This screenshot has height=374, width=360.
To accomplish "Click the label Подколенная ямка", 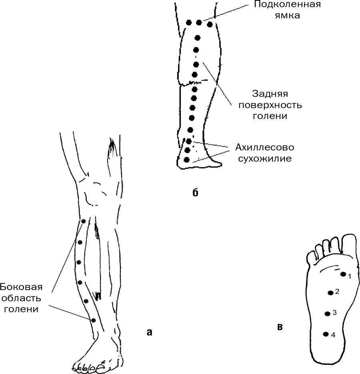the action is coord(287,10).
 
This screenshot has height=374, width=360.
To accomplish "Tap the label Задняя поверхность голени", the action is coord(270,105).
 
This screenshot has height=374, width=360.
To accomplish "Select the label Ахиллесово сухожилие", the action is coord(265,153).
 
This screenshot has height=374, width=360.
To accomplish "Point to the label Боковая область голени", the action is coord(21,298).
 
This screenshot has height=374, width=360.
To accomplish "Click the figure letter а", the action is coord(149,332).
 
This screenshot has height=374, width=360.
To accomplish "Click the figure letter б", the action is coord(195,193).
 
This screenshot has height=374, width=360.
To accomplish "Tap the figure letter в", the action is coord(280,327).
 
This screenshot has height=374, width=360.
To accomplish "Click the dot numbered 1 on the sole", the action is coord(343,274).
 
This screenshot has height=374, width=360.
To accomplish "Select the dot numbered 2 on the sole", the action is coord(331,292).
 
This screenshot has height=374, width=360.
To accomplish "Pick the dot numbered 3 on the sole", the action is coord(328,314).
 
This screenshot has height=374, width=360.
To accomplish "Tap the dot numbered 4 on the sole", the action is coord(326,334).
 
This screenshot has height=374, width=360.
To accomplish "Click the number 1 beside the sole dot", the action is coord(350,277).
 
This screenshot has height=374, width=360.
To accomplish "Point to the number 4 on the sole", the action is coord(333,335).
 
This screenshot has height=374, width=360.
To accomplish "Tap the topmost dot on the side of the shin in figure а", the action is coord(83,221).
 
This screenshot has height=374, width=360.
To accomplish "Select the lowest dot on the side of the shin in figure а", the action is coord(93,320).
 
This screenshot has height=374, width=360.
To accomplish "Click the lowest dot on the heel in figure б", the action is coord(187,159).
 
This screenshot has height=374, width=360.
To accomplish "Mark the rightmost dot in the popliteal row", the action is coord(210,24).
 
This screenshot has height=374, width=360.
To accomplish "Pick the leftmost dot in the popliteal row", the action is coord(189,23).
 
